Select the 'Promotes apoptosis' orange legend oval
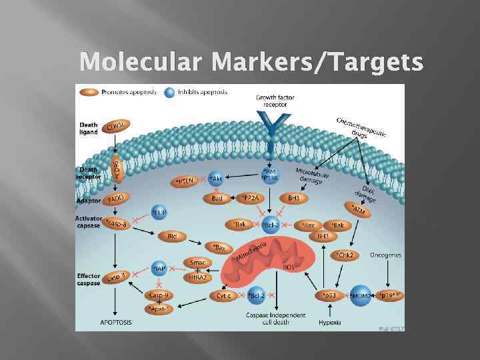89,92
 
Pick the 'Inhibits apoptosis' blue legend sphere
169,92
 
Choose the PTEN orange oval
187,180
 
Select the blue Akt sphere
216,179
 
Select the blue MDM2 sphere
361,294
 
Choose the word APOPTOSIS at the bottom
116,323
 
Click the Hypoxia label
329,323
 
